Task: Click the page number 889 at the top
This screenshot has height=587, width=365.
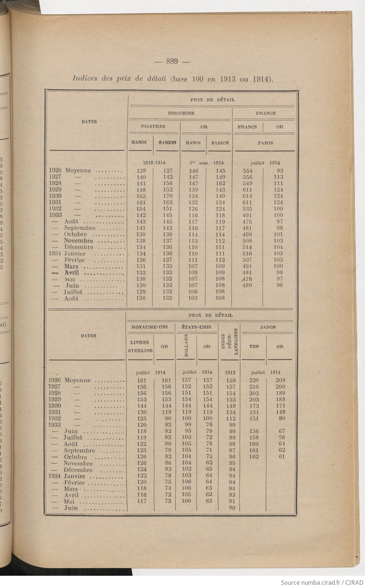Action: click(172, 61)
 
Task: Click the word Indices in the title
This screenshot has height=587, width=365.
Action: click(85, 79)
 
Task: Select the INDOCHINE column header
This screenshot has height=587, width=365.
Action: click(181, 113)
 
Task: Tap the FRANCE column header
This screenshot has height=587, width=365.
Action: click(266, 113)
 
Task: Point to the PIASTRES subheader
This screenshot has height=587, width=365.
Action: click(153, 127)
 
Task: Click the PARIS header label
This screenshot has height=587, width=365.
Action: click(265, 143)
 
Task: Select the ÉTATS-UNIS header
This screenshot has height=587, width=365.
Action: click(196, 327)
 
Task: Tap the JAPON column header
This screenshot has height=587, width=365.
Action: click(268, 327)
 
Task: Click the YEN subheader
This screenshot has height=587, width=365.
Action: click(254, 347)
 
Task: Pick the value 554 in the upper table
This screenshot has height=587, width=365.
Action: click(247, 171)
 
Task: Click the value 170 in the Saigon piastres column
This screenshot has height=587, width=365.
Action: click(168, 196)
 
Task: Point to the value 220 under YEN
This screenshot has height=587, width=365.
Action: click(254, 380)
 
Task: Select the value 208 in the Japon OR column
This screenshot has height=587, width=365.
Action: click(280, 380)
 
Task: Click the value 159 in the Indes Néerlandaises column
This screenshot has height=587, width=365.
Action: click(231, 380)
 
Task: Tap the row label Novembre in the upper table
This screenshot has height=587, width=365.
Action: click(78, 241)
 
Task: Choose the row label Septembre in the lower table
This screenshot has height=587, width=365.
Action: click(79, 451)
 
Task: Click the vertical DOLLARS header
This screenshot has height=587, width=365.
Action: click(186, 346)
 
